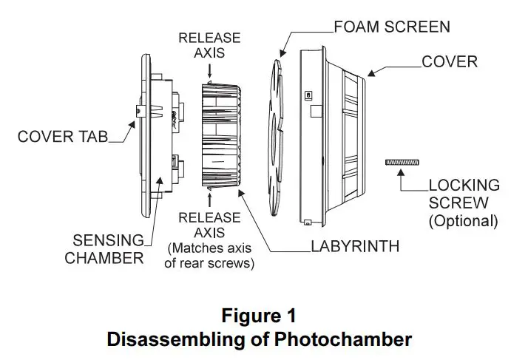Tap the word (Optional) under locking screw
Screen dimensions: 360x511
[x=463, y=220]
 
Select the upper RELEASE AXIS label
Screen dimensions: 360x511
[x=209, y=46]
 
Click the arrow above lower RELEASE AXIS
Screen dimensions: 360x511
[x=210, y=197]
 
